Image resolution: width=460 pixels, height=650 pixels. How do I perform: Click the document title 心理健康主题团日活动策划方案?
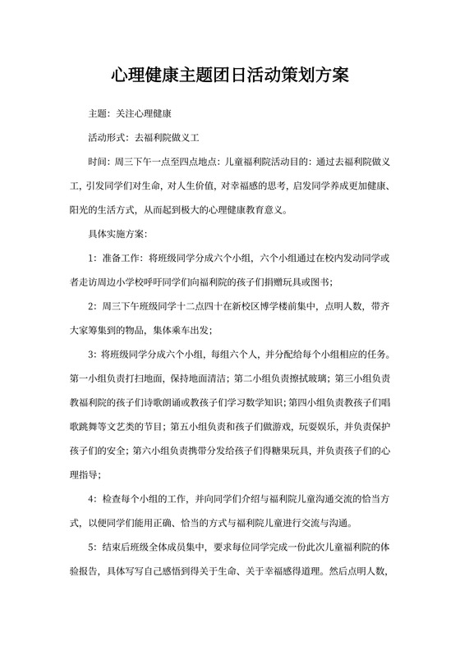(229, 76)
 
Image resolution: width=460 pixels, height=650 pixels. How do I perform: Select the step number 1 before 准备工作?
(91, 258)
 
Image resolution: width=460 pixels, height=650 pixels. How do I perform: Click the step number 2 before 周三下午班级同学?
(91, 307)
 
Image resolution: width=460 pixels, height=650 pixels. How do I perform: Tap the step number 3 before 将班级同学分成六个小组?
(91, 356)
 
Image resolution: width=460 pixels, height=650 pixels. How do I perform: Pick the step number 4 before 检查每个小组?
(91, 499)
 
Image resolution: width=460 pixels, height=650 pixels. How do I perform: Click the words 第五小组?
(186, 427)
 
